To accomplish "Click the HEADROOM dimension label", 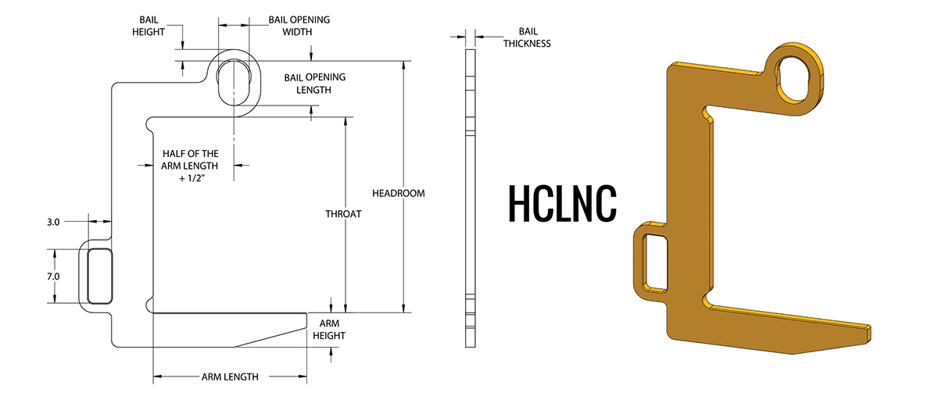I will tap(399, 193).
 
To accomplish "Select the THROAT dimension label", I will tap(343, 213).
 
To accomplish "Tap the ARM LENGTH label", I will tap(230, 377).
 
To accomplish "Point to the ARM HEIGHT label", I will tap(329, 329).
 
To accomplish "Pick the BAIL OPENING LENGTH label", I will tap(314, 84).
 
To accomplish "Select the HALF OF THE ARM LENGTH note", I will tap(190, 166).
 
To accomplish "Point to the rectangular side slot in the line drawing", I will tap(98, 276).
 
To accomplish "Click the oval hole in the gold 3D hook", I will tap(796, 78).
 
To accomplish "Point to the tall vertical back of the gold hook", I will tap(688, 195).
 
